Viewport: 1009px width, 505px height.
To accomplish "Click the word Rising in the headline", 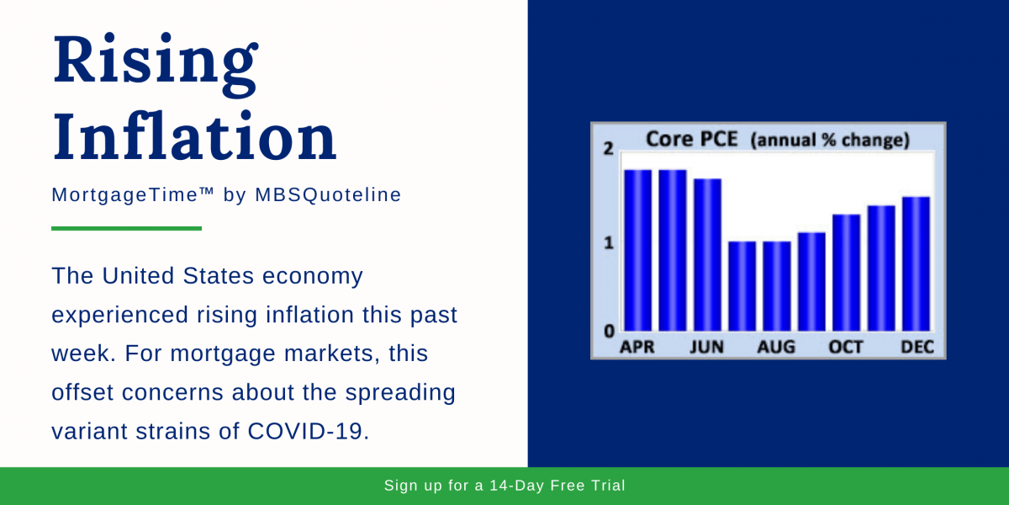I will [x=155, y=61].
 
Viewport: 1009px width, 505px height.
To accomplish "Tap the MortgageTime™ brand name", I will [x=134, y=194].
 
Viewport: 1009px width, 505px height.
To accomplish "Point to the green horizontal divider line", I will [x=126, y=228].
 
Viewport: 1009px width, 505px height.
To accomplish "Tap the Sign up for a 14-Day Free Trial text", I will [x=504, y=486].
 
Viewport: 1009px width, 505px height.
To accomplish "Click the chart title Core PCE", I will [x=691, y=139].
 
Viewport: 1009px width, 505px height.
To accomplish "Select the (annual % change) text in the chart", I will [x=829, y=140].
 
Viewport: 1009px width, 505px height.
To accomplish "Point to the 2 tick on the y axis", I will [x=609, y=150].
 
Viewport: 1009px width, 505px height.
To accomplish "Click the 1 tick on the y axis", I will [x=609, y=242].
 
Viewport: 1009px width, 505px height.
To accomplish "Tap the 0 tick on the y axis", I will [x=609, y=331].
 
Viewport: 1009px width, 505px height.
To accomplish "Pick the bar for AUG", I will [x=777, y=286].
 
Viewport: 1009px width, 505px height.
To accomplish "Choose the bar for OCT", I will [x=847, y=273].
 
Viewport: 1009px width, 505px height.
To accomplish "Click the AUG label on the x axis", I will [x=777, y=347].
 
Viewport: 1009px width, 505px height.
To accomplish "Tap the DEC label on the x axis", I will [x=917, y=347].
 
